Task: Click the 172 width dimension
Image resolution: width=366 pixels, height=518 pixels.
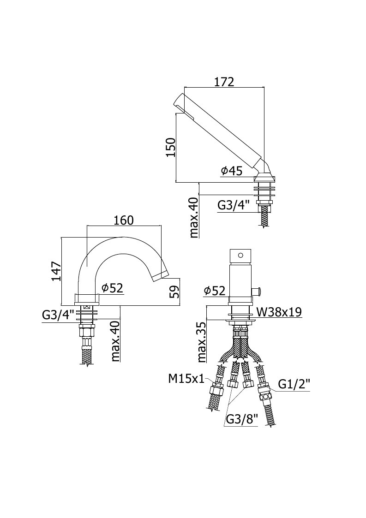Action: click(224, 82)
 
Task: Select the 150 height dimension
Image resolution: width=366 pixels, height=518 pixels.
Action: click(171, 147)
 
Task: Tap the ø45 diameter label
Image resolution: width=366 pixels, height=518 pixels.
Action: click(232, 171)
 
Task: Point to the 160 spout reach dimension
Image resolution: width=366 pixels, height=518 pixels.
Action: click(124, 220)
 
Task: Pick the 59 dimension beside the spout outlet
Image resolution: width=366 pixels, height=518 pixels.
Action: click(175, 292)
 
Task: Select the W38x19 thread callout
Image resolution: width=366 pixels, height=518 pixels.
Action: click(279, 311)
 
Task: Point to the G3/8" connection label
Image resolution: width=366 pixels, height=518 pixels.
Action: click(242, 419)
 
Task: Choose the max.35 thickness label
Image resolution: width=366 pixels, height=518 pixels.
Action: click(202, 342)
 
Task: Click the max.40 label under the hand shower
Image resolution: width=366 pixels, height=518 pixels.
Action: click(194, 217)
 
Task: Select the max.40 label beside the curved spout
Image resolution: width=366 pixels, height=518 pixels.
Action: click(115, 341)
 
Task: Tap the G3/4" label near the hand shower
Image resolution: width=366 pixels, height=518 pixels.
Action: click(233, 205)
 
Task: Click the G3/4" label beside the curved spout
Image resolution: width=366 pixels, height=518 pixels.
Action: click(58, 315)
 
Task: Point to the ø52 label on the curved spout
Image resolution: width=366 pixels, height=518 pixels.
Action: click(112, 288)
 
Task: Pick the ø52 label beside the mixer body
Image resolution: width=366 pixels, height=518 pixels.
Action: click(215, 291)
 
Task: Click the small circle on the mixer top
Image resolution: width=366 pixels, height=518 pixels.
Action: click(241, 255)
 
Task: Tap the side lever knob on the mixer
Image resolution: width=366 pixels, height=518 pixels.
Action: click(258, 292)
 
